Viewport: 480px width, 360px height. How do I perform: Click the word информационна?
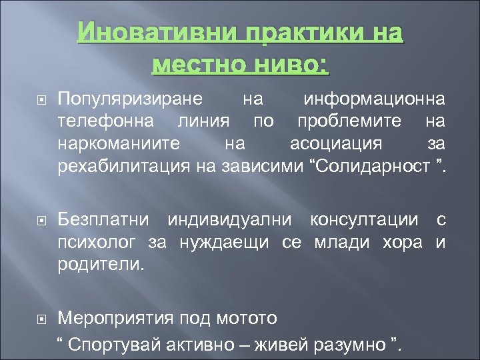[375, 100]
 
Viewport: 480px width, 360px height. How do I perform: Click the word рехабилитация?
[125, 165]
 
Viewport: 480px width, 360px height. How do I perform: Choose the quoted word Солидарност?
[368, 165]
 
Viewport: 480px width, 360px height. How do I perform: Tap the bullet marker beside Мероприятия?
[39, 318]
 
